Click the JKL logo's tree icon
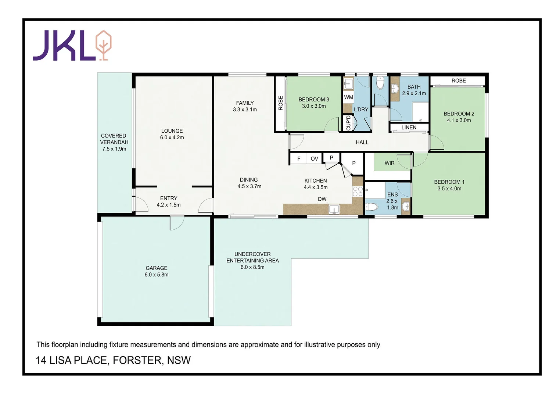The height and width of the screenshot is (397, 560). [x=104, y=45]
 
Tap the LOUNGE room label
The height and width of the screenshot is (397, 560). [x=172, y=131]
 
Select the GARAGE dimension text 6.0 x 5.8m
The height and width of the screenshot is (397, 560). [x=156, y=275]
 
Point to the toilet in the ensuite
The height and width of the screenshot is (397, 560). [x=372, y=207]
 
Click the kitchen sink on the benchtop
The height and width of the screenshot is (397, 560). [x=334, y=209]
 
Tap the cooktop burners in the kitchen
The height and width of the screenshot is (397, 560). [x=358, y=191]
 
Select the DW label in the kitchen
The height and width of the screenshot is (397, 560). [x=322, y=199]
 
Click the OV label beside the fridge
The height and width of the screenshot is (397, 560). [x=314, y=159]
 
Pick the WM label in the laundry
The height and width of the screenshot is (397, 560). [x=348, y=97]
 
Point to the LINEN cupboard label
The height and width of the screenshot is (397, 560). [x=409, y=128]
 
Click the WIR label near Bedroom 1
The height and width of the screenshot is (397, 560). [x=390, y=163]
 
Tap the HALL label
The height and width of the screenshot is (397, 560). [x=362, y=142]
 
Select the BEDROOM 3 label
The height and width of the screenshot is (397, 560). [x=313, y=100]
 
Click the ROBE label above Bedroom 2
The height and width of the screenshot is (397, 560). [x=458, y=81]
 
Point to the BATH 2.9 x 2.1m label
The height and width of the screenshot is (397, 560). [x=414, y=90]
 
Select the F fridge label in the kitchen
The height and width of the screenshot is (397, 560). [x=299, y=159]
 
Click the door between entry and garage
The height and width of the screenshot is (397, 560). [x=177, y=223]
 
